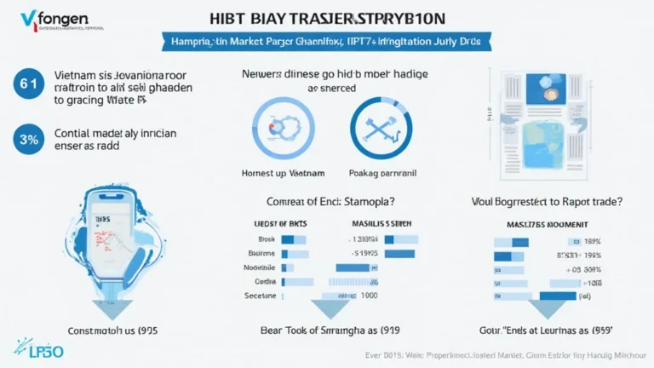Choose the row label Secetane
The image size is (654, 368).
pyautogui.click(x=259, y=295)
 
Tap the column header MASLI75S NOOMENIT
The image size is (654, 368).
pyautogui.click(x=538, y=223)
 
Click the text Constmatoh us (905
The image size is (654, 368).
pyautogui.click(x=114, y=329)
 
